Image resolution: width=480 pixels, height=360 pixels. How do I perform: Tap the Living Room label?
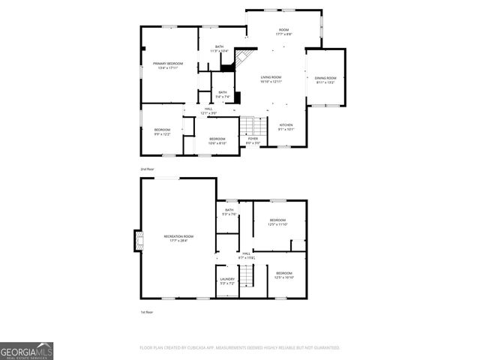[271, 77]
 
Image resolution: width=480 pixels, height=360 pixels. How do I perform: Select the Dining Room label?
[325, 78]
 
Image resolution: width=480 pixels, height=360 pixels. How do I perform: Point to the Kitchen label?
[286, 124]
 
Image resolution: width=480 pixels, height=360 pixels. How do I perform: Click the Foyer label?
[253, 138]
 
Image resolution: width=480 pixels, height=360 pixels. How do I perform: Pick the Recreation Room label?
[178, 236]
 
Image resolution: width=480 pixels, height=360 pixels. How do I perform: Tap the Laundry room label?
[227, 279]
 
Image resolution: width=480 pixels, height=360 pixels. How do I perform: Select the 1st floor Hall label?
[246, 254]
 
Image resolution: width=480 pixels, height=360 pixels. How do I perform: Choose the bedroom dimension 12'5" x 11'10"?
[276, 224]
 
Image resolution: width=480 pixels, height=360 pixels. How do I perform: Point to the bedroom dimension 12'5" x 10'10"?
[283, 277]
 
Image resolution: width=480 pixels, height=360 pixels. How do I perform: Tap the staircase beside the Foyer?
[253, 125]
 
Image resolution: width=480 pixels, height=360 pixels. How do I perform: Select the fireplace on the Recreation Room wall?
[137, 241]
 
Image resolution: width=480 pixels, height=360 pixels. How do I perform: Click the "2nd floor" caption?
[147, 169]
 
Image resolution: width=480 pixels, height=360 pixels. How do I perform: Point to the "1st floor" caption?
[146, 312]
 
